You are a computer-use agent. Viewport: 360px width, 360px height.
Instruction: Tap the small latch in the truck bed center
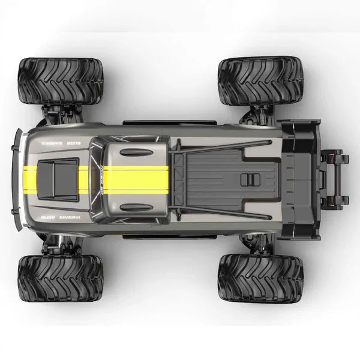point(247,179)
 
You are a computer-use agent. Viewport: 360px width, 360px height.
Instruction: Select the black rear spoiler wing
point(299,178)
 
